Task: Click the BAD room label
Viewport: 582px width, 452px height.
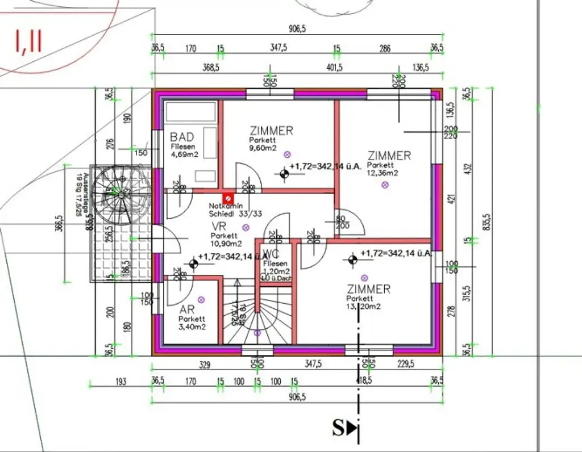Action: tap(182, 137)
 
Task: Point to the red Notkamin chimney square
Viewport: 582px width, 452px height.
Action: tap(227, 197)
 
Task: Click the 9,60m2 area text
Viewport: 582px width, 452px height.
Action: tap(263, 149)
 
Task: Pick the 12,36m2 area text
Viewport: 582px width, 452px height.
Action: tap(383, 173)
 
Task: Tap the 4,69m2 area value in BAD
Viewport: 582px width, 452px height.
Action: tap(185, 153)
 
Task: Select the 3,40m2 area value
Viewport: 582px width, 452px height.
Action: tap(192, 327)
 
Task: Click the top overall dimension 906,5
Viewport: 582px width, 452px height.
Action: tap(297, 30)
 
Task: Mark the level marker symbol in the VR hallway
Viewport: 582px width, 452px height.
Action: tap(193, 263)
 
